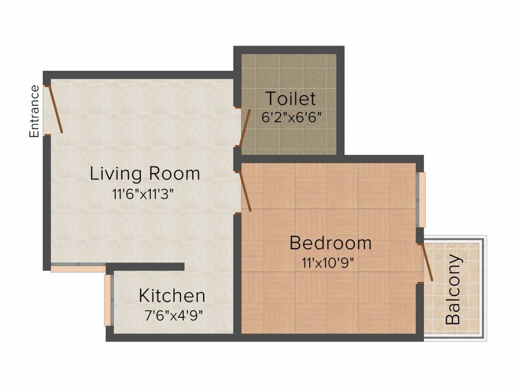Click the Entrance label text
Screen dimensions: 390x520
click(35, 111)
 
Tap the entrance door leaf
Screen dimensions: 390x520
click(56, 109)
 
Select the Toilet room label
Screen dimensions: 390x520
click(290, 98)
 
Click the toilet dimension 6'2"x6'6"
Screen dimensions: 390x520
click(291, 117)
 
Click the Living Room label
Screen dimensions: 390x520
click(145, 174)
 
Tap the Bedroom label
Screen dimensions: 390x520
click(330, 243)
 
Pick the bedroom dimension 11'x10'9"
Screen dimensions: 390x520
click(327, 263)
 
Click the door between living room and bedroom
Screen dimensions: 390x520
click(245, 191)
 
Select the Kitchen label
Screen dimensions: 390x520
click(172, 295)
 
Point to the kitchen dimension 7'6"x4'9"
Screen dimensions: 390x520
click(173, 315)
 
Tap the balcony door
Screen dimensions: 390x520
click(427, 262)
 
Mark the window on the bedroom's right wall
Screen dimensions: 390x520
click(421, 200)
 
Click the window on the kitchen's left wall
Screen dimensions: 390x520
click(107, 300)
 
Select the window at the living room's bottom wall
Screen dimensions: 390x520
click(78, 267)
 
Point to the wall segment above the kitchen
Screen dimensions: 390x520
click(147, 267)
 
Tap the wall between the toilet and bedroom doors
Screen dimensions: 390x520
click(237, 158)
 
